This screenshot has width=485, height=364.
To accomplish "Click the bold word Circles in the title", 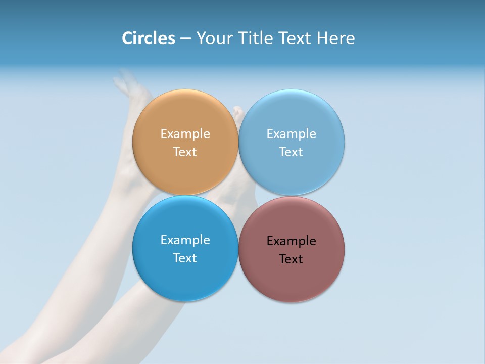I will [x=148, y=38].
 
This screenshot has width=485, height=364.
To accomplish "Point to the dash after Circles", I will [x=185, y=39].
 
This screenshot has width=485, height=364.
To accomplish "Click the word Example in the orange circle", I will [x=185, y=134].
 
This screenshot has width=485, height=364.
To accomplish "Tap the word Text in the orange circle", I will [x=185, y=152].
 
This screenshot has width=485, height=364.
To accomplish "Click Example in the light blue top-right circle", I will [x=292, y=134].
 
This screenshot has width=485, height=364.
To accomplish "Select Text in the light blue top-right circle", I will [x=292, y=152].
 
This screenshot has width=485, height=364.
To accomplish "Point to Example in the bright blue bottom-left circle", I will [x=185, y=240].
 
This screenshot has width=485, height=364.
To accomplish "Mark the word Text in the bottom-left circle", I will [x=185, y=258].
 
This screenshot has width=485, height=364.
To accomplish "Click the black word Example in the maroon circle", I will [x=292, y=241].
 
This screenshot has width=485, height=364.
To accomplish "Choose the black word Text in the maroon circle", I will [x=292, y=259].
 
